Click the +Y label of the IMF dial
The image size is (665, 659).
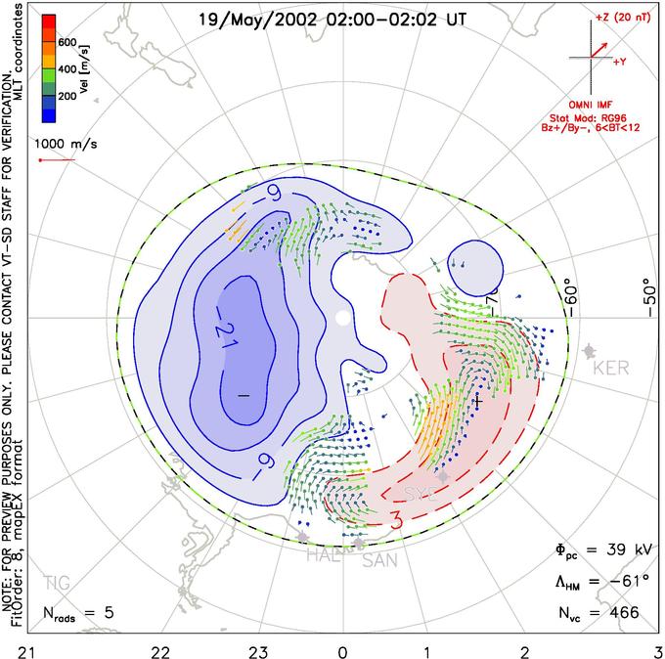[x=620, y=62]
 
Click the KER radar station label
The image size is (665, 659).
[x=612, y=368]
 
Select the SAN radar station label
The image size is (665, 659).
[x=379, y=560]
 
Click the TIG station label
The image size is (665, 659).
[x=57, y=584]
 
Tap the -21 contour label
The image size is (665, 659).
[x=223, y=335]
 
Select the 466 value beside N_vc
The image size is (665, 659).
[x=622, y=612]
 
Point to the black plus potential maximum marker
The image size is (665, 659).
[x=477, y=401]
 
